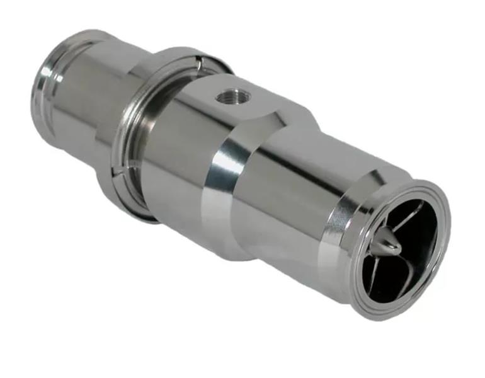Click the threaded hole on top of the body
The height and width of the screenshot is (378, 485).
(234, 96)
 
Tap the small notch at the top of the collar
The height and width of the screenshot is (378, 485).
(198, 60)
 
